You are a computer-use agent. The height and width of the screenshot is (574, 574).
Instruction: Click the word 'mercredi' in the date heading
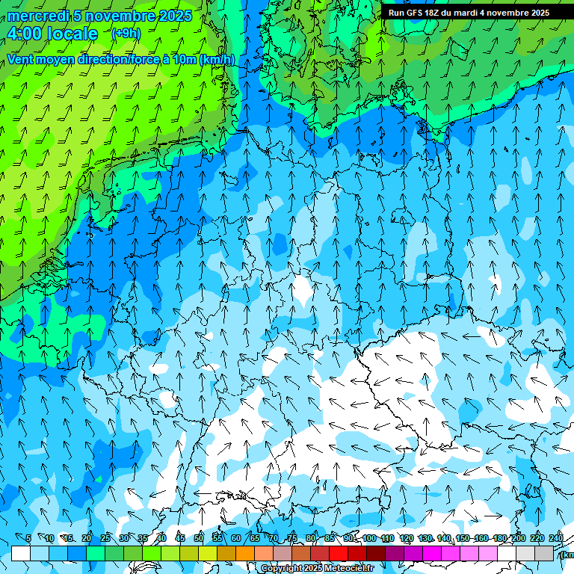(39, 16)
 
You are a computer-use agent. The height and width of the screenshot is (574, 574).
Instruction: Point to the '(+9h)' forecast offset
(126, 33)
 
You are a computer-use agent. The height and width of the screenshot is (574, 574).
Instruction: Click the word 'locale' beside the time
(73, 34)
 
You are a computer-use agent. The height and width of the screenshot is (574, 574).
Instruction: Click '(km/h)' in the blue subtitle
(217, 60)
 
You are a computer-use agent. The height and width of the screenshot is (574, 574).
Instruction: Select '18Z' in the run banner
(433, 13)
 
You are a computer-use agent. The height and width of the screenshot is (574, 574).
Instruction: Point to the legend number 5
(28, 539)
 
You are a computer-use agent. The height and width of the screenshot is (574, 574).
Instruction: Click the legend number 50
(198, 539)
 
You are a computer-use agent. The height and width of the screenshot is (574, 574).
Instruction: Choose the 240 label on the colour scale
(556, 539)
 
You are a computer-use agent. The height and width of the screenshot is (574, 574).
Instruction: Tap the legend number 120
(407, 539)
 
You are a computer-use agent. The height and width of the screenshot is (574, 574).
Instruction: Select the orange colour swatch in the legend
(245, 553)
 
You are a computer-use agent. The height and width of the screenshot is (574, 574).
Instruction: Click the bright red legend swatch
(339, 553)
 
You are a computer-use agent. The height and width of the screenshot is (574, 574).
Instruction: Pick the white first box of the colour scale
(21, 553)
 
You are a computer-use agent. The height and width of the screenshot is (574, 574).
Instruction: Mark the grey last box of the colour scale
(544, 553)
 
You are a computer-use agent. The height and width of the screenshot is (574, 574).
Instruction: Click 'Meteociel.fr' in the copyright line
(349, 569)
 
